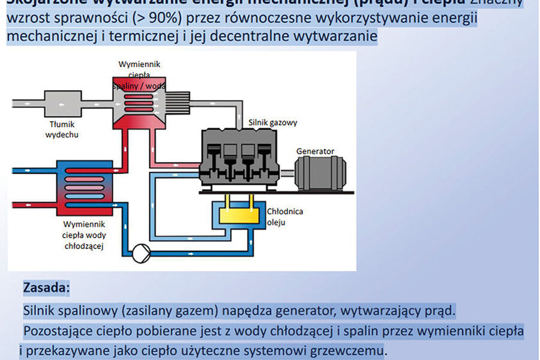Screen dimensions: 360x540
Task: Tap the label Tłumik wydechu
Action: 62,130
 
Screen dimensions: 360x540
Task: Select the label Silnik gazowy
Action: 273,122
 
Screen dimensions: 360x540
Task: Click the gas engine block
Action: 240,158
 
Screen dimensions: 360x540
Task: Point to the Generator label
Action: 316,151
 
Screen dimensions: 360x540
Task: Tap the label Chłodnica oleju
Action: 286,217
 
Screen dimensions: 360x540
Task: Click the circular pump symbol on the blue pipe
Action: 140,251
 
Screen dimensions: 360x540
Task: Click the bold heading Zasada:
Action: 47,287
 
